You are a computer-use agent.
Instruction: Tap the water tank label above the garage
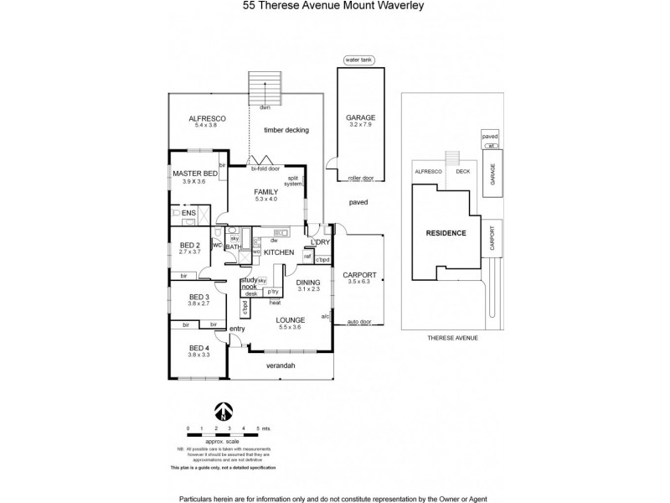pos(359,60)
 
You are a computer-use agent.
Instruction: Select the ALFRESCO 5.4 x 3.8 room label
pos(205,122)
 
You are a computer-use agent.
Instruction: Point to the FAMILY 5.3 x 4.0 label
pos(265,195)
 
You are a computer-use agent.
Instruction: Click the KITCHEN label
pos(279,251)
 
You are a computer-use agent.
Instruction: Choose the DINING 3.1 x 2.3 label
pos(308,286)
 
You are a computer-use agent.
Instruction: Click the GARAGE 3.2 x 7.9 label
pos(361,121)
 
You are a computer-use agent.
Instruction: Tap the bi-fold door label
pos(265,167)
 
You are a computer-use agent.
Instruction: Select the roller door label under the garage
pos(361,178)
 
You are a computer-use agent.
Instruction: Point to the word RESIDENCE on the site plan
pos(446,232)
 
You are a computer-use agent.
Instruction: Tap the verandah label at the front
pos(281,366)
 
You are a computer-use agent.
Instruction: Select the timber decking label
pos(286,130)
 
